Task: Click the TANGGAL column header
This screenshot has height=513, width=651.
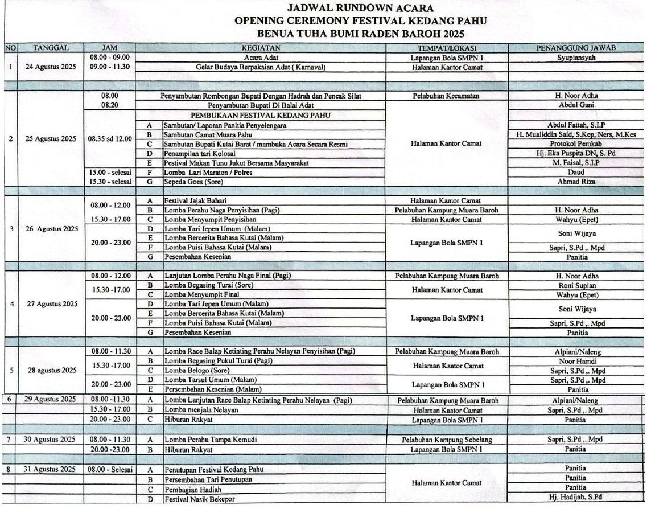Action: point(51,48)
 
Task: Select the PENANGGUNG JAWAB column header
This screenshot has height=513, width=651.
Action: point(576,48)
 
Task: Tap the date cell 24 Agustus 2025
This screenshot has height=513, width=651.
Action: point(51,67)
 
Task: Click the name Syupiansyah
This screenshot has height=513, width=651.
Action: point(576,58)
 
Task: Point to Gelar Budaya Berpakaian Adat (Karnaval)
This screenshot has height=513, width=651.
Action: point(260,67)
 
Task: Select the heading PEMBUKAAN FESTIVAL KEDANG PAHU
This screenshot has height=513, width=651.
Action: point(260,115)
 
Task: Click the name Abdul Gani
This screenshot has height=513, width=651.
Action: point(576,105)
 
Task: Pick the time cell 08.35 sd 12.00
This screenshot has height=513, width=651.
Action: point(110,138)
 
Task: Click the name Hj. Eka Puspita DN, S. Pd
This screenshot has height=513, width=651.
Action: point(576,153)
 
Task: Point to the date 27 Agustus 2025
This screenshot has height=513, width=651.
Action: point(52,304)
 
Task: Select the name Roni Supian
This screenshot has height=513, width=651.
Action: point(577,285)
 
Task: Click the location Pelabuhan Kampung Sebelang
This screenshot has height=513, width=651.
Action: point(447,440)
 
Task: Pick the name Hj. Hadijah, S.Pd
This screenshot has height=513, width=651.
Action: point(576,497)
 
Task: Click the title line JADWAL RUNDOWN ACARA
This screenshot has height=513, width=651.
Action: point(360,8)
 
